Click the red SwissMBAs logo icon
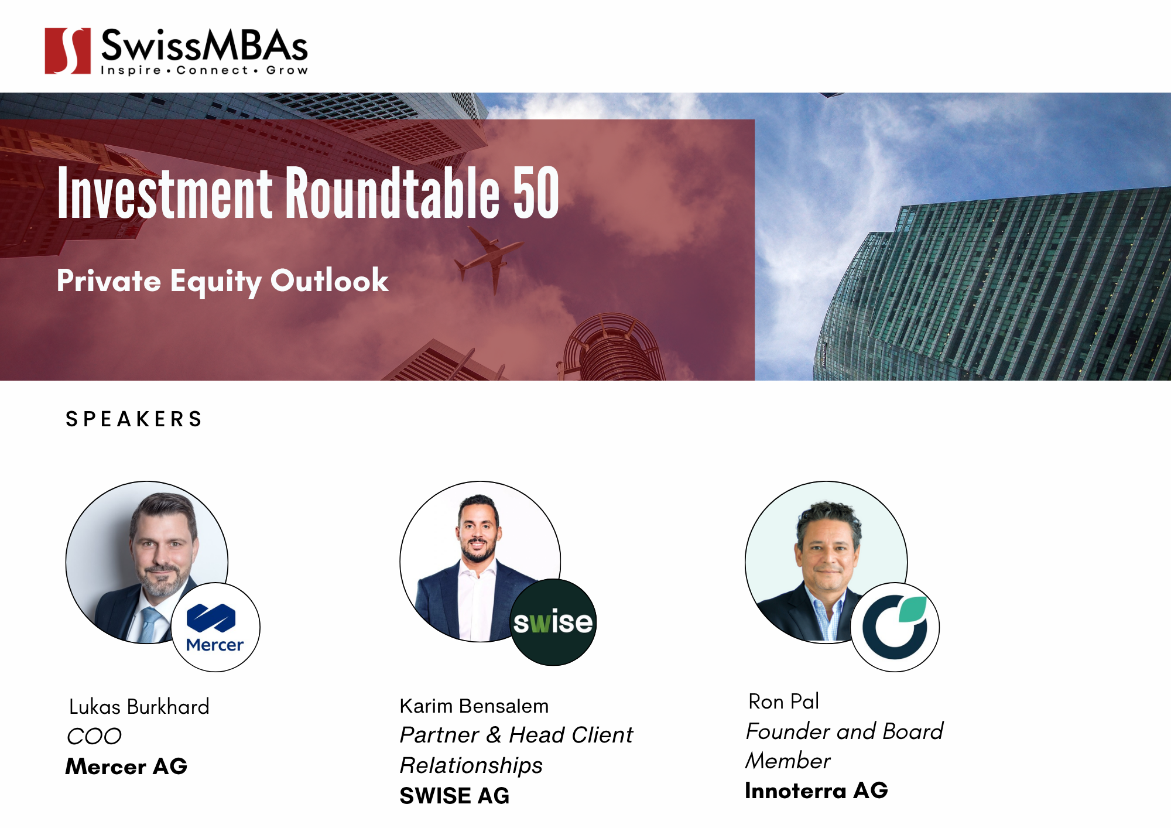point(68,51)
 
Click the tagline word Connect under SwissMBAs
point(213,71)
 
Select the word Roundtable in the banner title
point(393,193)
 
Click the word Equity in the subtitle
point(216,282)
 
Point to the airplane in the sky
point(489,258)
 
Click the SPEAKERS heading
point(134,419)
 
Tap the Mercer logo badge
point(215,627)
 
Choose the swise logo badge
point(553,622)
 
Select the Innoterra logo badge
point(895,627)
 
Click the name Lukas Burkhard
point(139,707)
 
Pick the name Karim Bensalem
point(474,706)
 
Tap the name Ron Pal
point(783,702)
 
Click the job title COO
point(94,737)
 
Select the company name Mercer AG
point(126,767)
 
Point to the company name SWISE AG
point(454,796)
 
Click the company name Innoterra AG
point(816,791)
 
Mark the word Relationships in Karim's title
point(471,765)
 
